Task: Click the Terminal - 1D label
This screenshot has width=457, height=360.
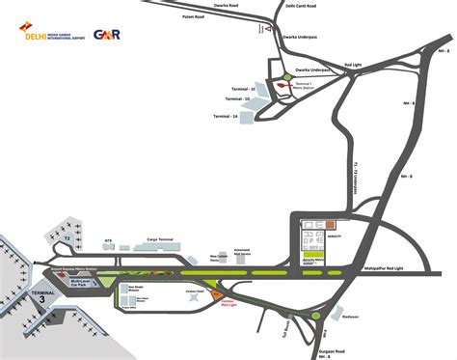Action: (x=233, y=98)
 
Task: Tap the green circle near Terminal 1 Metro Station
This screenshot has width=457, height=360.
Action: (x=287, y=77)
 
